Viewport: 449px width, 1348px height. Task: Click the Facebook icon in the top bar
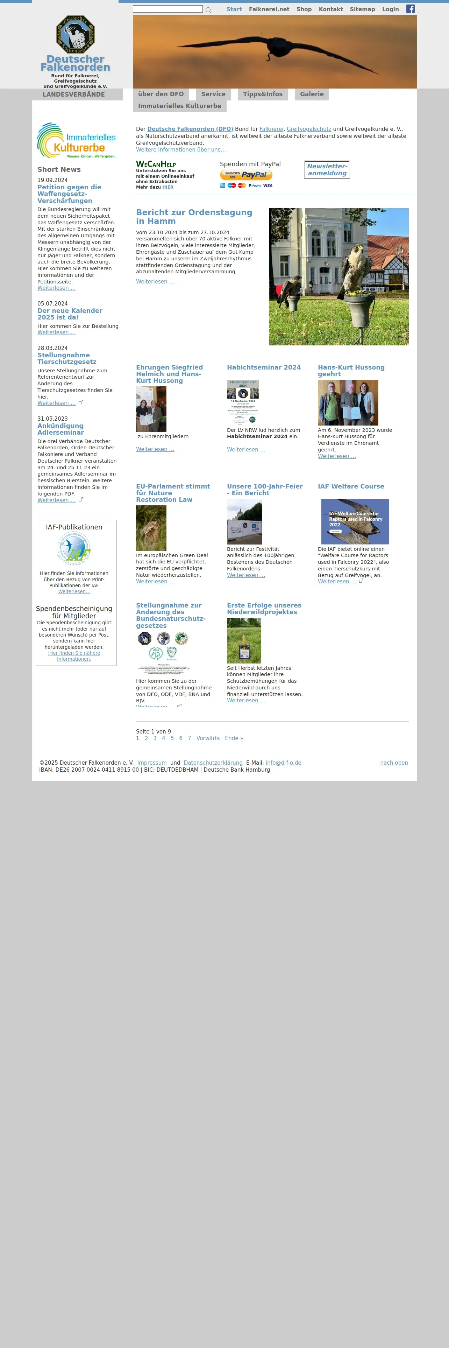(x=410, y=9)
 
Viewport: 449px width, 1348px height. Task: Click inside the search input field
(x=167, y=9)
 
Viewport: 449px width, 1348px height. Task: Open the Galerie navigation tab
(x=312, y=94)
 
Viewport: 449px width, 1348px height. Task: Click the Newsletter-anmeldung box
(x=327, y=169)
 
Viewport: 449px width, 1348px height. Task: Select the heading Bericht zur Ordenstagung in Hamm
(x=194, y=217)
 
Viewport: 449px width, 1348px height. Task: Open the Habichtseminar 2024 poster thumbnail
(x=243, y=401)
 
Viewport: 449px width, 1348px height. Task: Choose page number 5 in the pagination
(x=172, y=738)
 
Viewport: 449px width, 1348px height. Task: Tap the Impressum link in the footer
(x=151, y=763)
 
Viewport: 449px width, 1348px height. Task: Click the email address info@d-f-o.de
(x=283, y=763)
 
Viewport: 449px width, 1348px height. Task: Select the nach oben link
(x=394, y=763)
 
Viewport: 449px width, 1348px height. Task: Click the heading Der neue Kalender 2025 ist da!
(x=70, y=314)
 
